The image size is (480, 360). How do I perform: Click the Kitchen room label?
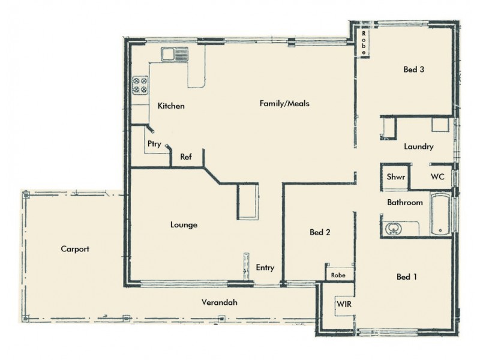point(171,106)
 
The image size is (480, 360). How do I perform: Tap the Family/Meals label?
point(284,103)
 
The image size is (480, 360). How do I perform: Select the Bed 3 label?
point(414,70)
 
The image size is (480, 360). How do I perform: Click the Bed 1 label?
point(407,277)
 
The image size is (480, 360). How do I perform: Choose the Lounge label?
point(184,225)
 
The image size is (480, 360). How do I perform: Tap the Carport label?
point(75,248)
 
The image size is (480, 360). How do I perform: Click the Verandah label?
point(220,302)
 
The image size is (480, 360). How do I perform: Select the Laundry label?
point(418,146)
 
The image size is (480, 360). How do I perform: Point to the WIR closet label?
point(344,304)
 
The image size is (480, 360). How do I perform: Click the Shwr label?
point(395,177)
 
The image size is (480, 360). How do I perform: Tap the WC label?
point(437,177)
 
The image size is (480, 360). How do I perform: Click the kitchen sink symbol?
point(174,55)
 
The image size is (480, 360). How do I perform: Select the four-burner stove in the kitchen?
point(140,85)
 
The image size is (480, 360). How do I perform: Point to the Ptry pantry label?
point(153,144)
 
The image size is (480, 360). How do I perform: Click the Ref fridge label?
point(186,157)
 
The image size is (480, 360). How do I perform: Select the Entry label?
point(265,268)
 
